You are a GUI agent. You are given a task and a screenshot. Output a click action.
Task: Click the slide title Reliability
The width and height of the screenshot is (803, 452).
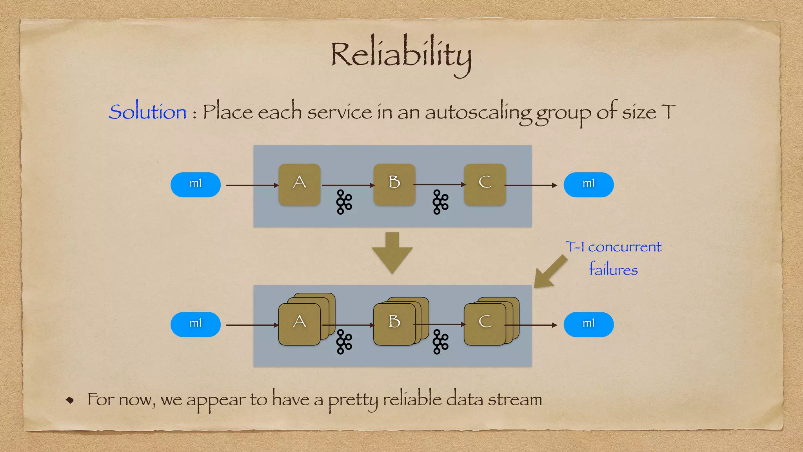[x=401, y=55]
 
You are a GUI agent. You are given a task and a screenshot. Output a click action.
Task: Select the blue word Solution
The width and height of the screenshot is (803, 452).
[x=147, y=112]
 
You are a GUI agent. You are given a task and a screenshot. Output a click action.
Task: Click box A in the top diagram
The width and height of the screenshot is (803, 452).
[x=300, y=184]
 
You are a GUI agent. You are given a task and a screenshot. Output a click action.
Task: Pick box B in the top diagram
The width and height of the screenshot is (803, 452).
[x=394, y=184]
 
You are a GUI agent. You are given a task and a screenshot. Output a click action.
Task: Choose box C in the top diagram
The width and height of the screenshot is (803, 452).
[x=485, y=184]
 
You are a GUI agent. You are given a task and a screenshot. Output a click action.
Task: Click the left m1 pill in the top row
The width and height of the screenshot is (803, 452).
[x=195, y=184]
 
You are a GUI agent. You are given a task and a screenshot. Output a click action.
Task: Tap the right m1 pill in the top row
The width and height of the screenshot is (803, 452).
[x=588, y=184]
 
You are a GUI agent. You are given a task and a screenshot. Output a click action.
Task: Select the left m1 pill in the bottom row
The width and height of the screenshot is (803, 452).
[x=195, y=324]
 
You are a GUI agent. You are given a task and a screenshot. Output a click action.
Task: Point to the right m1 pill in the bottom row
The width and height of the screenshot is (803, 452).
[x=588, y=324]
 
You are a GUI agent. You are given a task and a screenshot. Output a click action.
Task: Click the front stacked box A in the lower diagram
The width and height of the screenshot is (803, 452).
[x=300, y=324]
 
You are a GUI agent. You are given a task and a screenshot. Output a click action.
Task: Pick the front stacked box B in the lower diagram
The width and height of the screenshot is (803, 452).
[x=394, y=324]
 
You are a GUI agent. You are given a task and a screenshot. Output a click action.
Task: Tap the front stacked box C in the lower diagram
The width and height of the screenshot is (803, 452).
[x=485, y=324]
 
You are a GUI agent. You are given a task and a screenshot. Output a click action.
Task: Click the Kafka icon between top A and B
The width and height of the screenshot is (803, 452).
[x=344, y=202]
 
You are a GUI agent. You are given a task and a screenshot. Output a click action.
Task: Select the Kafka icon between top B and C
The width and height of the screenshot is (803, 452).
[x=440, y=202]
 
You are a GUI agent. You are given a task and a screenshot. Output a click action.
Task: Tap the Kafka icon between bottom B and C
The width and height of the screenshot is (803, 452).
[x=440, y=342]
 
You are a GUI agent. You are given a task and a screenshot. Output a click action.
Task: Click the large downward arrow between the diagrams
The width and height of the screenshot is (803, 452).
[x=392, y=253]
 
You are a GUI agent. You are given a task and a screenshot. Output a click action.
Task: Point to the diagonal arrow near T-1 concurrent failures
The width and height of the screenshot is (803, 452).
[x=550, y=272]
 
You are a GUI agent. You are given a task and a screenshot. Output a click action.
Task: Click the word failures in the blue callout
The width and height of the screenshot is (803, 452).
[x=613, y=270]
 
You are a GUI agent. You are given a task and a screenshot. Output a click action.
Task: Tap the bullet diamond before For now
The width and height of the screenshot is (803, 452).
[x=70, y=400]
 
